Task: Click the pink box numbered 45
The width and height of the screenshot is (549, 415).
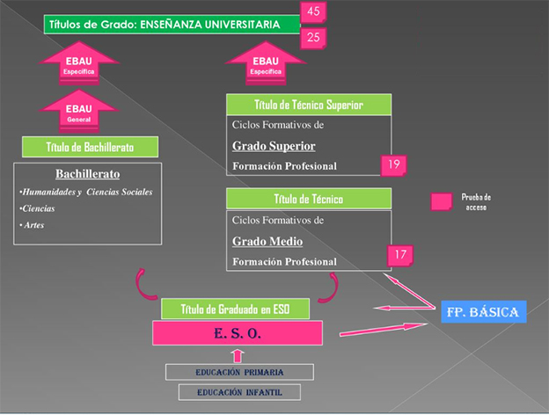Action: coord(312,11)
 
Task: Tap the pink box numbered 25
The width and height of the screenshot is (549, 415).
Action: coord(312,37)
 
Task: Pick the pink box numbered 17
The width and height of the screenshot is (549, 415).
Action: coord(400,256)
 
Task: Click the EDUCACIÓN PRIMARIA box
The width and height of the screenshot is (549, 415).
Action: coord(239,372)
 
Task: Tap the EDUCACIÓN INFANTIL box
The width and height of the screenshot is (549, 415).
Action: coord(239,393)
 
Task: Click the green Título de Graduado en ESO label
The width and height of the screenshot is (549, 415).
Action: coord(233,309)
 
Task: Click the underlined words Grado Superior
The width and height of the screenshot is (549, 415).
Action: coord(274,146)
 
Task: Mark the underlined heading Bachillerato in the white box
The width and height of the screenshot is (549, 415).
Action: coord(87,173)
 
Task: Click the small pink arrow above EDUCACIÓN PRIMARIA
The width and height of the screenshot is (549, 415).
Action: coord(238,355)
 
